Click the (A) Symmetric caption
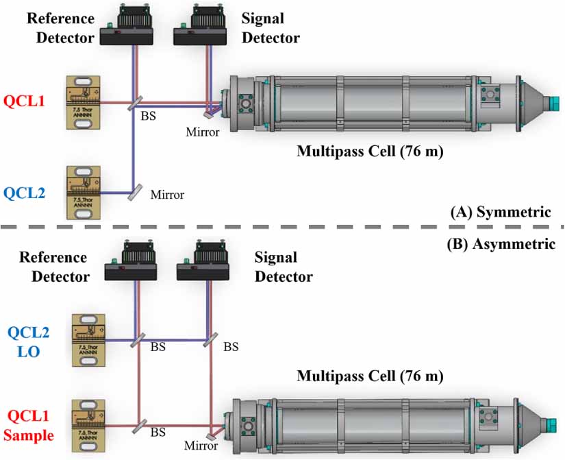500,213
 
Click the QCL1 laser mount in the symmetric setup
82,101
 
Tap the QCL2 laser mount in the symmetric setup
82,192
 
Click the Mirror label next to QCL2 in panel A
167,195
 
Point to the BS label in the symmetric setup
148,116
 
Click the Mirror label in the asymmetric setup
201,446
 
